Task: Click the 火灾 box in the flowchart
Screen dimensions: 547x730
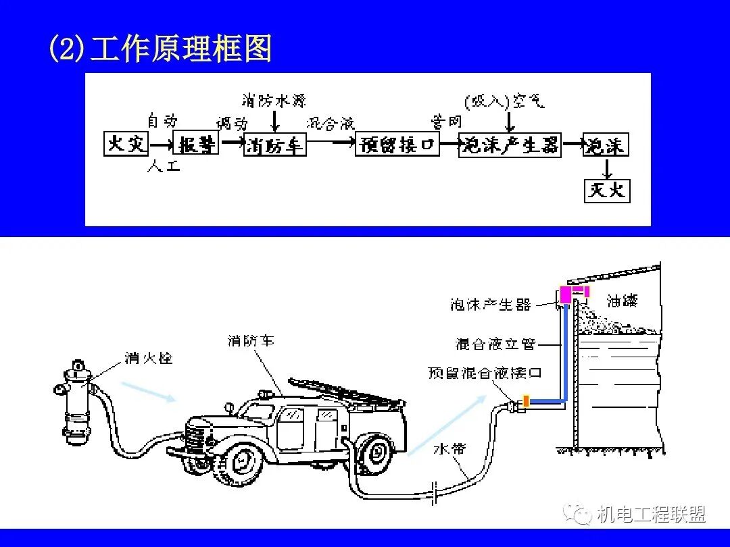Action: [126, 144]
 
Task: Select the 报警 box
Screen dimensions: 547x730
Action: [197, 144]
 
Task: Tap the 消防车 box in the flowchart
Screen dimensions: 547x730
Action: [275, 145]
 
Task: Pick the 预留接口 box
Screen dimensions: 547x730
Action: [397, 144]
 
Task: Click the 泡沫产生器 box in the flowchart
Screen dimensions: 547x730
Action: [510, 145]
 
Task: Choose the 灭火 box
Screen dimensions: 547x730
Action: [607, 190]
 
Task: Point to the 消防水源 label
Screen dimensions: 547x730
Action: [274, 101]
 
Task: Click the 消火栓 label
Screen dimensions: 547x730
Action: [148, 357]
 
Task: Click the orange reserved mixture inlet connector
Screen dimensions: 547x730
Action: [526, 401]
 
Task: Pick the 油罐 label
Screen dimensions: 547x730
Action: [622, 300]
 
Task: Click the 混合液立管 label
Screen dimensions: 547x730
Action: [495, 344]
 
